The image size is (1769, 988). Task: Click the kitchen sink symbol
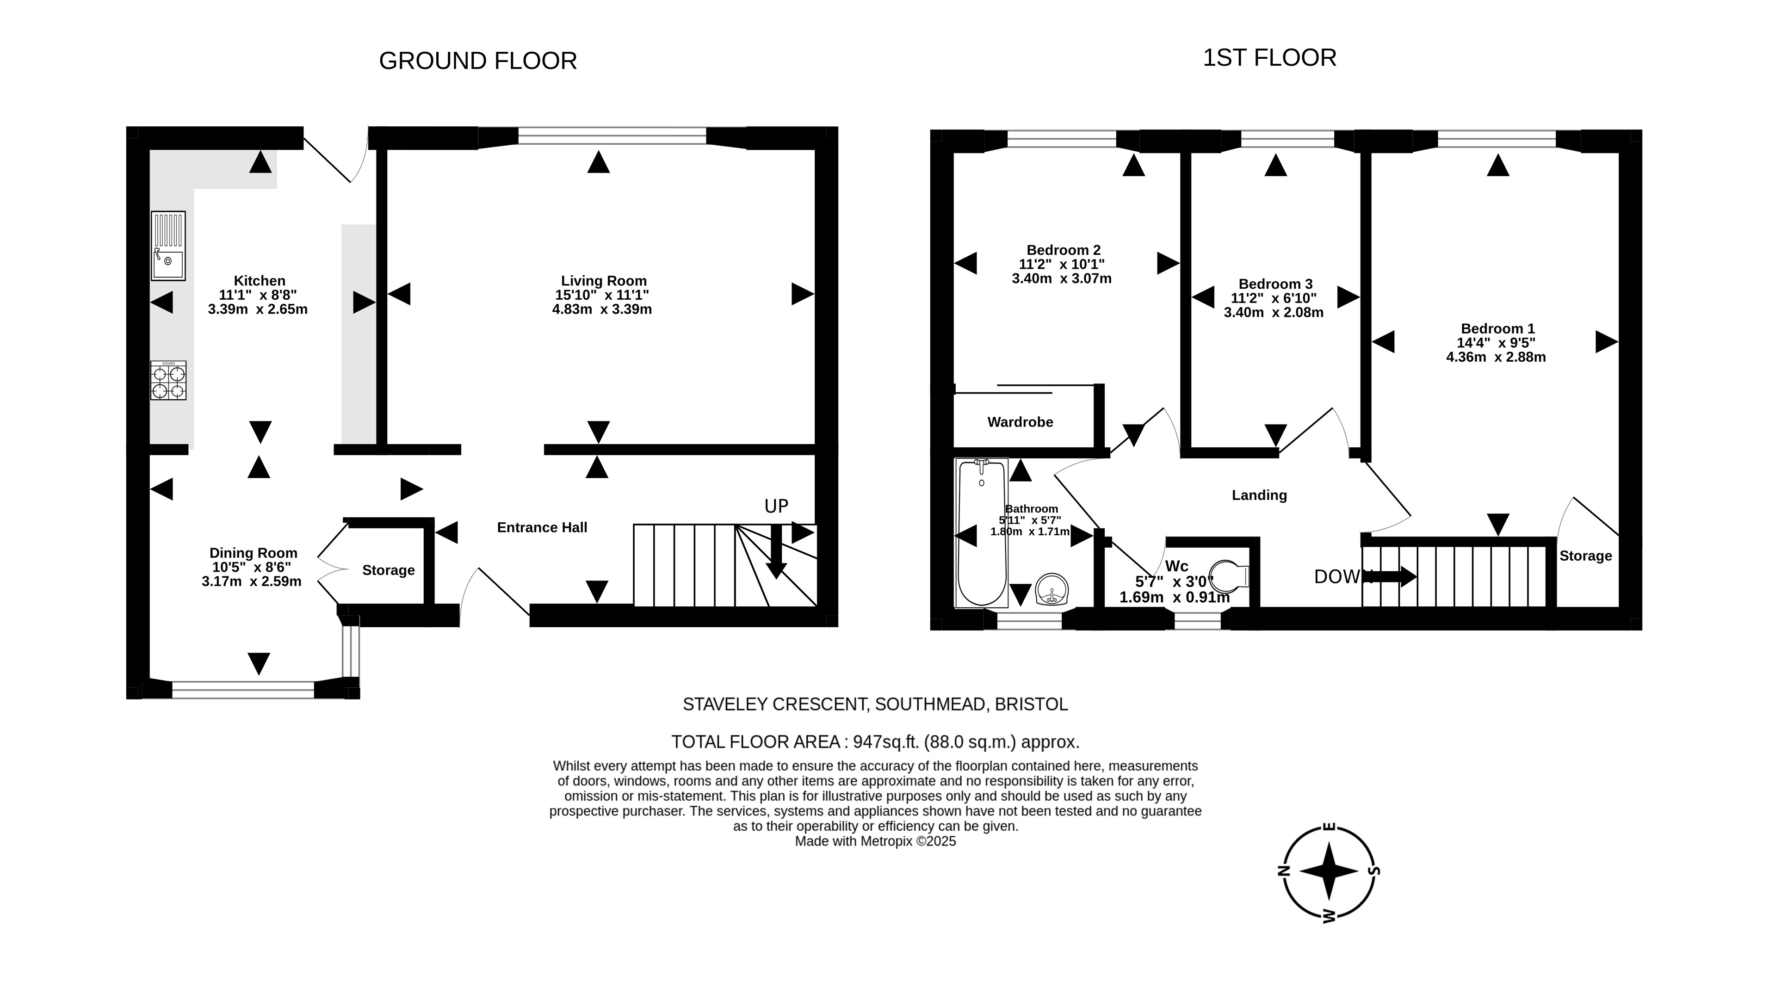168,246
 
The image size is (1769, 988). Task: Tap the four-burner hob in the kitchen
168,380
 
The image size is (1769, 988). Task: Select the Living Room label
604,281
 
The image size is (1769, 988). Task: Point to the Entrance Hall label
542,527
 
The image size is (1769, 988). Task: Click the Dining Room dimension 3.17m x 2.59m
251,581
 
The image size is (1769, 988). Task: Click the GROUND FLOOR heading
478,61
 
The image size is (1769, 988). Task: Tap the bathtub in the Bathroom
982,533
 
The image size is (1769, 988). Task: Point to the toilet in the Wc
1229,575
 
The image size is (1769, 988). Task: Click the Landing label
1260,495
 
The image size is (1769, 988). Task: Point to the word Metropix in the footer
889,841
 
